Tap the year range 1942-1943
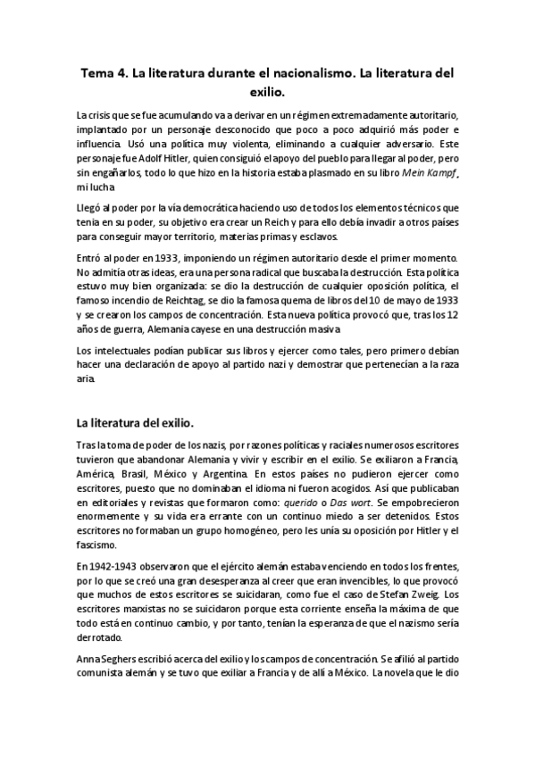[121, 568]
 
